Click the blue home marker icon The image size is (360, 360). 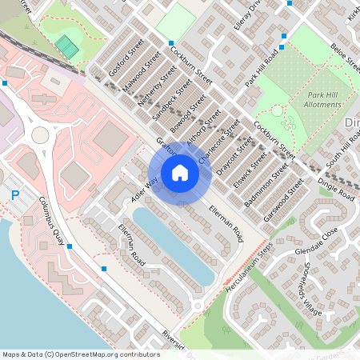(x=180, y=173)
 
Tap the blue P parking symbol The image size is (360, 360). (x=14, y=194)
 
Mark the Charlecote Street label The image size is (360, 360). (x=218, y=141)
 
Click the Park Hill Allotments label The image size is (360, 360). (x=325, y=99)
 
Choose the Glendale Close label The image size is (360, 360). (x=317, y=233)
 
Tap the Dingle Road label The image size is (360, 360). (x=335, y=190)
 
